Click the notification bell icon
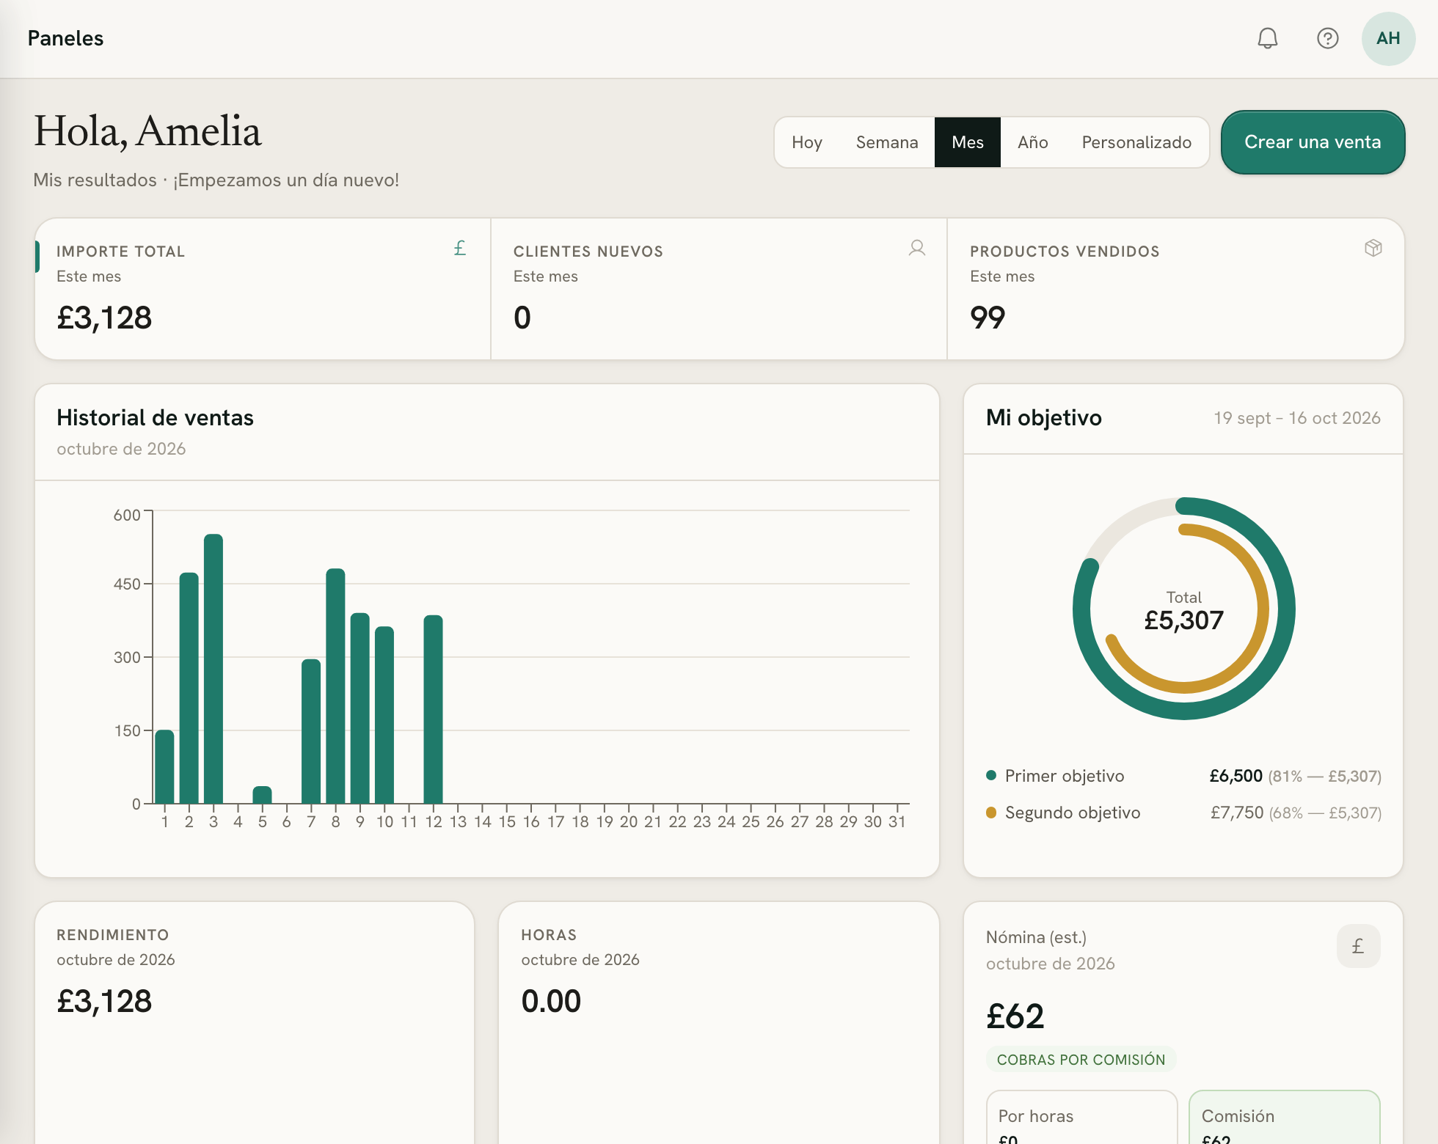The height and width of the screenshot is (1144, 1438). (1268, 38)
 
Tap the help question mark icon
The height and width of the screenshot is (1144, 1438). (1328, 38)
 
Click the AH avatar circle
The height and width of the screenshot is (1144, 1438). (1388, 38)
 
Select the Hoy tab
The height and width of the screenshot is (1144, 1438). (807, 142)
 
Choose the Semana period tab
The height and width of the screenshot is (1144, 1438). (887, 142)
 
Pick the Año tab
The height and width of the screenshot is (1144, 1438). (1032, 142)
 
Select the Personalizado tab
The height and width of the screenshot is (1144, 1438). (1136, 142)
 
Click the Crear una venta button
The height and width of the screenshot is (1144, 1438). (1313, 142)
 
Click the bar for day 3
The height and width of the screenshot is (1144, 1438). (213, 669)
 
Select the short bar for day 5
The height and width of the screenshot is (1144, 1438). (262, 795)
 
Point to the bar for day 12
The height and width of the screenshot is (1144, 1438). (434, 709)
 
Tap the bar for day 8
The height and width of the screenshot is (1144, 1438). (335, 686)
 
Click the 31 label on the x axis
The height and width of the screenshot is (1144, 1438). (897, 822)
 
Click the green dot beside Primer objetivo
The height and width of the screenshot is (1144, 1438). (991, 775)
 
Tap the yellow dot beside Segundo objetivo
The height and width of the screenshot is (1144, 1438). (991, 812)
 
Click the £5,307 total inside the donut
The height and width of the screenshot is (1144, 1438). (1184, 620)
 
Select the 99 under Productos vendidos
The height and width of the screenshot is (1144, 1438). (988, 318)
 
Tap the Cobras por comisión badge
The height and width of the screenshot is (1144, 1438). (1081, 1060)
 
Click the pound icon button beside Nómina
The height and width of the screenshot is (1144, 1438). (1358, 946)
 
